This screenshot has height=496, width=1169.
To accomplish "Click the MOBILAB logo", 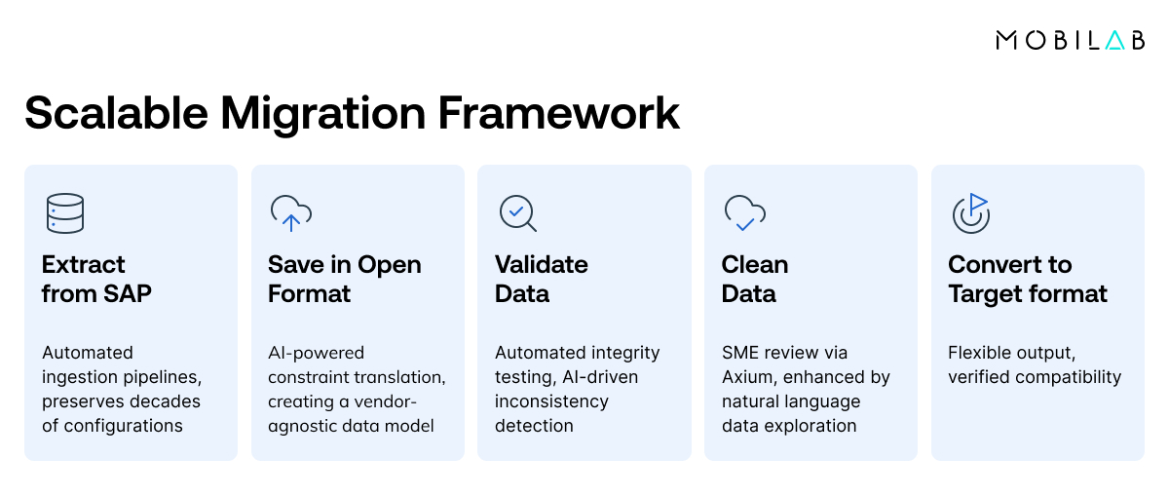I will coord(1070,40).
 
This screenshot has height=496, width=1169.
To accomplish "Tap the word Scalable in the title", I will coord(116,113).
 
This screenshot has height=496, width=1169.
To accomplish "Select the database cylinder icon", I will coord(65,213).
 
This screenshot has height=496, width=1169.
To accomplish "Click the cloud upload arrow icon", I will coord(290,213).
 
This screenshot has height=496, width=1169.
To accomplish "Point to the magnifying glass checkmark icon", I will coord(517,213).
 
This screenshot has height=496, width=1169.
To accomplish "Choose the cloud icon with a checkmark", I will coord(744,213).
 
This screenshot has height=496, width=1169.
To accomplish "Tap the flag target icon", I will coord(970,213).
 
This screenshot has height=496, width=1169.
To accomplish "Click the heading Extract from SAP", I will coord(96,279).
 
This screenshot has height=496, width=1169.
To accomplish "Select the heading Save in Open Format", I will coord(344,279).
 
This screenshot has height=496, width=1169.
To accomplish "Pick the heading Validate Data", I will coord(541,279).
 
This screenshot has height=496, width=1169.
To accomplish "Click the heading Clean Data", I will coord(754,279).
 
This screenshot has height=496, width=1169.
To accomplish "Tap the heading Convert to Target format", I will coord(1027,279).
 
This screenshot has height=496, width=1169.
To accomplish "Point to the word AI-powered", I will coord(316,353).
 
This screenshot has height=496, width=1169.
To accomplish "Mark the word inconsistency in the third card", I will coord(551,401).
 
